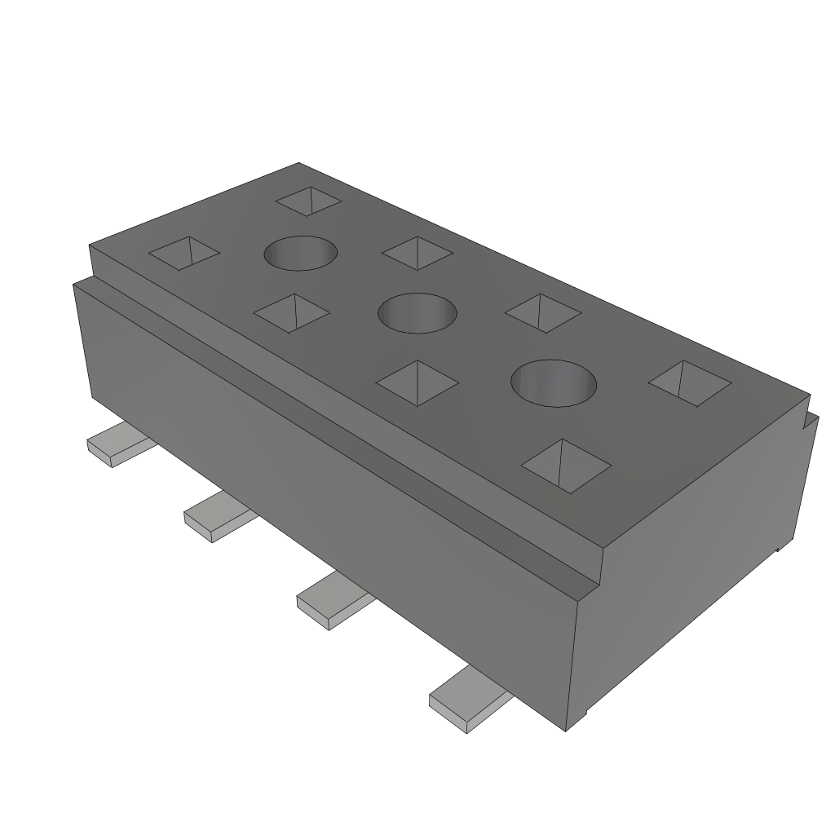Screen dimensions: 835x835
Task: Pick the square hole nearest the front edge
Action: point(566,466)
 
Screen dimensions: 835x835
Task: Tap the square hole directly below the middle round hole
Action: point(418,382)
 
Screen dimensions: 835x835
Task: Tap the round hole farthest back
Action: point(301,253)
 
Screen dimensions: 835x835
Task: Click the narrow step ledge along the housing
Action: point(342,424)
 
